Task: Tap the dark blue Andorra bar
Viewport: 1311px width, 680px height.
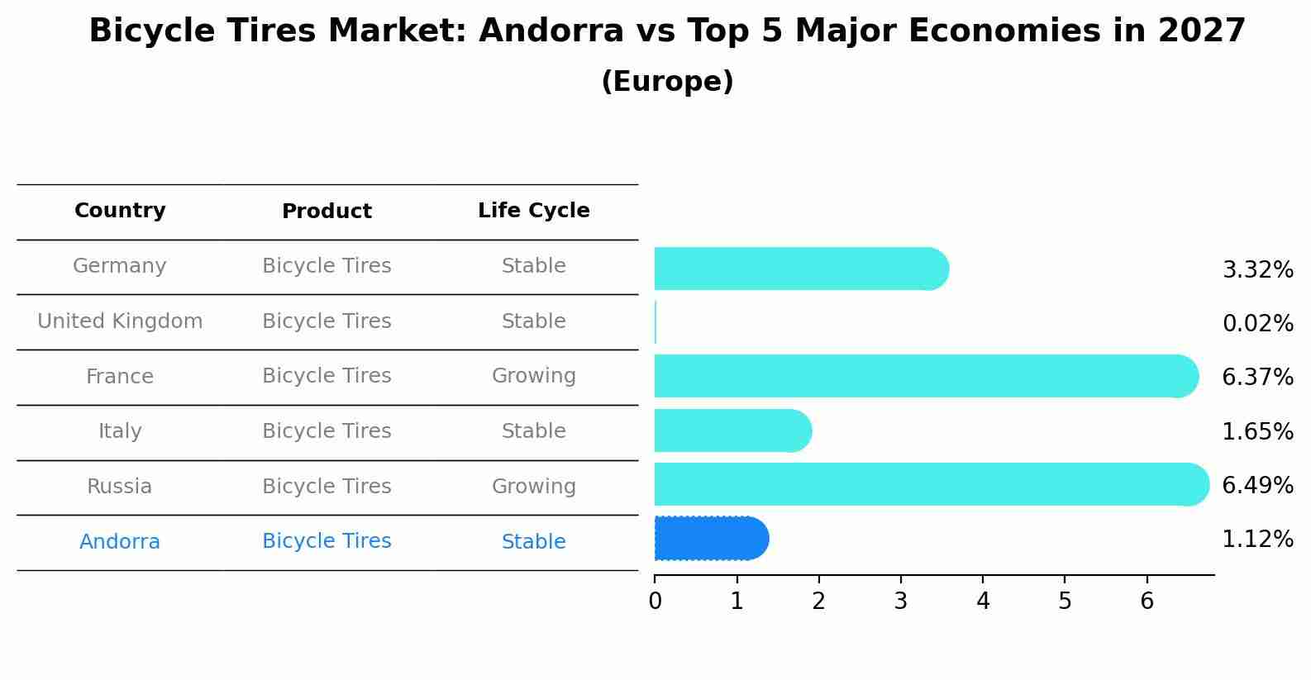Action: [x=711, y=538]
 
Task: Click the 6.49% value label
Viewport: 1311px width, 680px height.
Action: [x=1257, y=485]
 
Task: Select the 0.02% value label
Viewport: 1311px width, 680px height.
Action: [x=1257, y=323]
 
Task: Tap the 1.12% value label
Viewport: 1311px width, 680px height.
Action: [x=1257, y=539]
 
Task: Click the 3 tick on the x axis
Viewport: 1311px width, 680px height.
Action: [x=900, y=601]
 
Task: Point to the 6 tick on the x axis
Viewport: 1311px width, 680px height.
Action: [x=1147, y=601]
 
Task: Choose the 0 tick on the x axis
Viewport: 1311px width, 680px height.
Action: [x=655, y=601]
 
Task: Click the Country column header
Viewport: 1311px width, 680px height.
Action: [x=120, y=211]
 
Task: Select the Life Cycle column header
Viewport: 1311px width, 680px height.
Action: [x=533, y=211]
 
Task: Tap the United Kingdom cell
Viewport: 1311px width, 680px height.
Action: [x=120, y=321]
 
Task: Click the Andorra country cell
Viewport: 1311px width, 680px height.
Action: [x=120, y=542]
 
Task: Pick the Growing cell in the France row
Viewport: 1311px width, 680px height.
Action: [x=533, y=376]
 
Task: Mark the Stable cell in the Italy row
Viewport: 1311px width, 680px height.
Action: [x=533, y=431]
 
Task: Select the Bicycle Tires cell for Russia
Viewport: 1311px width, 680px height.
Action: [x=327, y=487]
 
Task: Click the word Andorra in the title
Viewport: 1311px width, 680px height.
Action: [x=551, y=31]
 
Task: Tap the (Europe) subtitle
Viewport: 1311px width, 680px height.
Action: [x=667, y=82]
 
